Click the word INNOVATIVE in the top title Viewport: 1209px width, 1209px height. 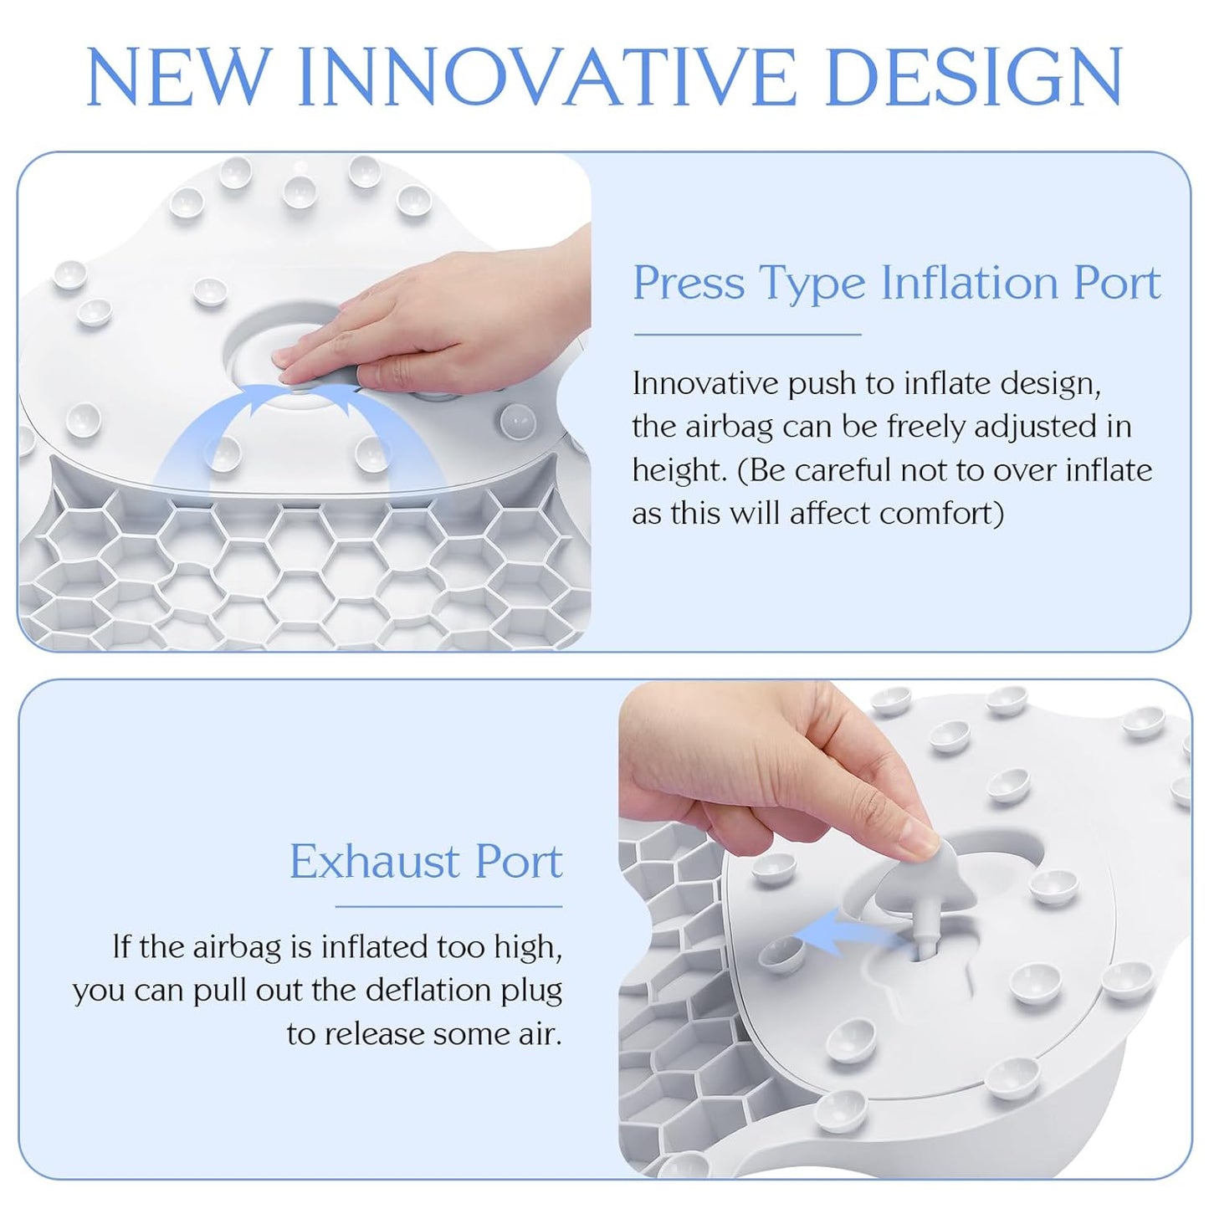point(547,77)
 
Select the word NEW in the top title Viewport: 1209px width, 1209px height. point(179,77)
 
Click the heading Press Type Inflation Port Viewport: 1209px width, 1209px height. point(896,283)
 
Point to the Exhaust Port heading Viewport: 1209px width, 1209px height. point(426,862)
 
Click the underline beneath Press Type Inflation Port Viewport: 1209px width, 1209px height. point(747,335)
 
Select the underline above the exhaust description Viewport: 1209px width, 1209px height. point(448,906)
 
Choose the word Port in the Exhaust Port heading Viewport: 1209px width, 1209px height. point(519,862)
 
